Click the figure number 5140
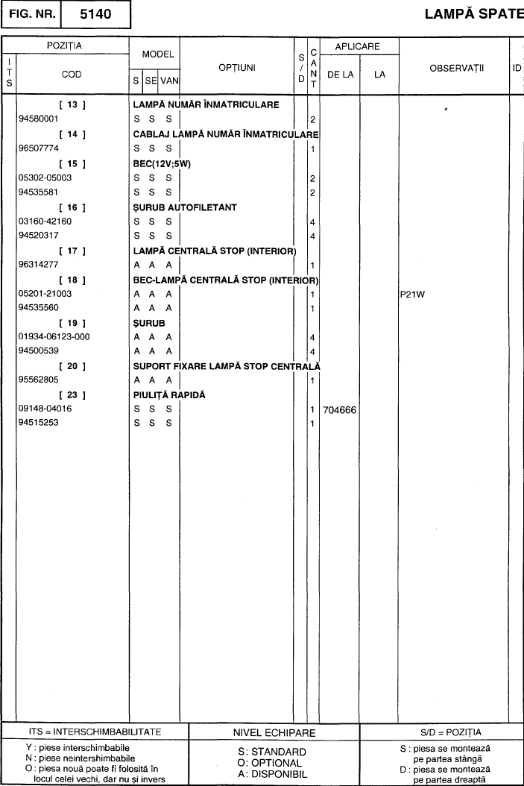tap(95, 14)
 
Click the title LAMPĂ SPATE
tap(474, 14)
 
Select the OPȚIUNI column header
tap(237, 67)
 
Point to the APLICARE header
tap(357, 46)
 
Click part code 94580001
tap(40, 119)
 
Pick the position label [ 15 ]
tap(72, 164)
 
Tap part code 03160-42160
tap(45, 221)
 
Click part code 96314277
tap(40, 265)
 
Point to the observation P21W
tap(412, 294)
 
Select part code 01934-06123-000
tap(53, 337)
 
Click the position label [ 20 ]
tap(72, 366)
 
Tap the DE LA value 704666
tap(339, 410)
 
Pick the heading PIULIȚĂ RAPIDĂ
tap(169, 395)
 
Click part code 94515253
tap(40, 424)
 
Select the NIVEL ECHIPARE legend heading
tap(274, 733)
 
